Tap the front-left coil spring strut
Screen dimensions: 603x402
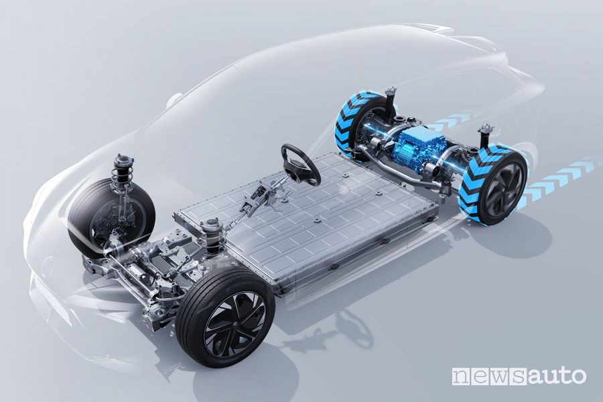(121, 175)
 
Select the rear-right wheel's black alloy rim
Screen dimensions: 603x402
(504, 188)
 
